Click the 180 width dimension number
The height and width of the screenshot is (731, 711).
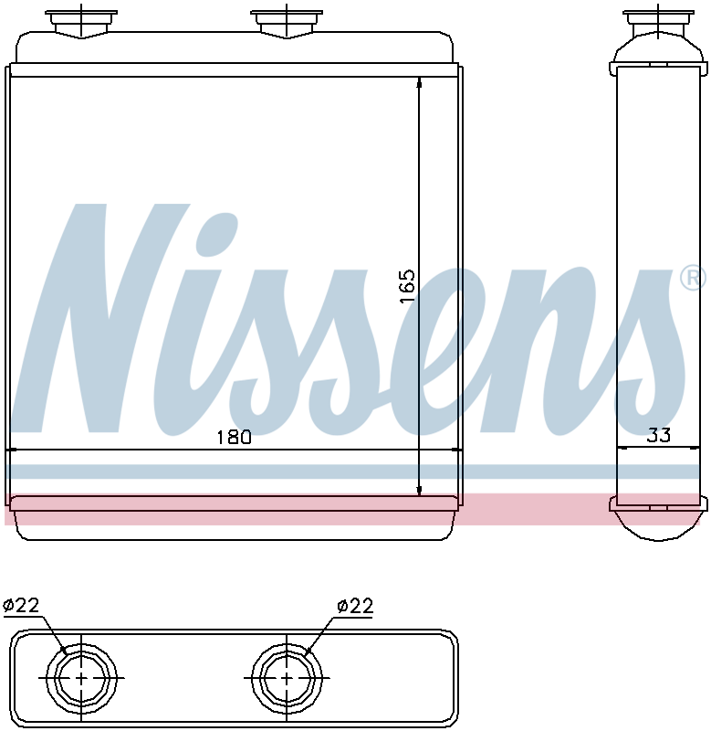click(235, 438)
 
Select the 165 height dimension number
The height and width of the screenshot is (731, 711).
click(407, 286)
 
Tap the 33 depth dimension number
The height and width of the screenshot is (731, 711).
click(659, 435)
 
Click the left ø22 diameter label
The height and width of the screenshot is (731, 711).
click(21, 605)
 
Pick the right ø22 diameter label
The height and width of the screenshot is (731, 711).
click(355, 606)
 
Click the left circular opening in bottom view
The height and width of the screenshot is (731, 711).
click(81, 678)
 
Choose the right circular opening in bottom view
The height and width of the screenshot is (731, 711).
click(287, 678)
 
